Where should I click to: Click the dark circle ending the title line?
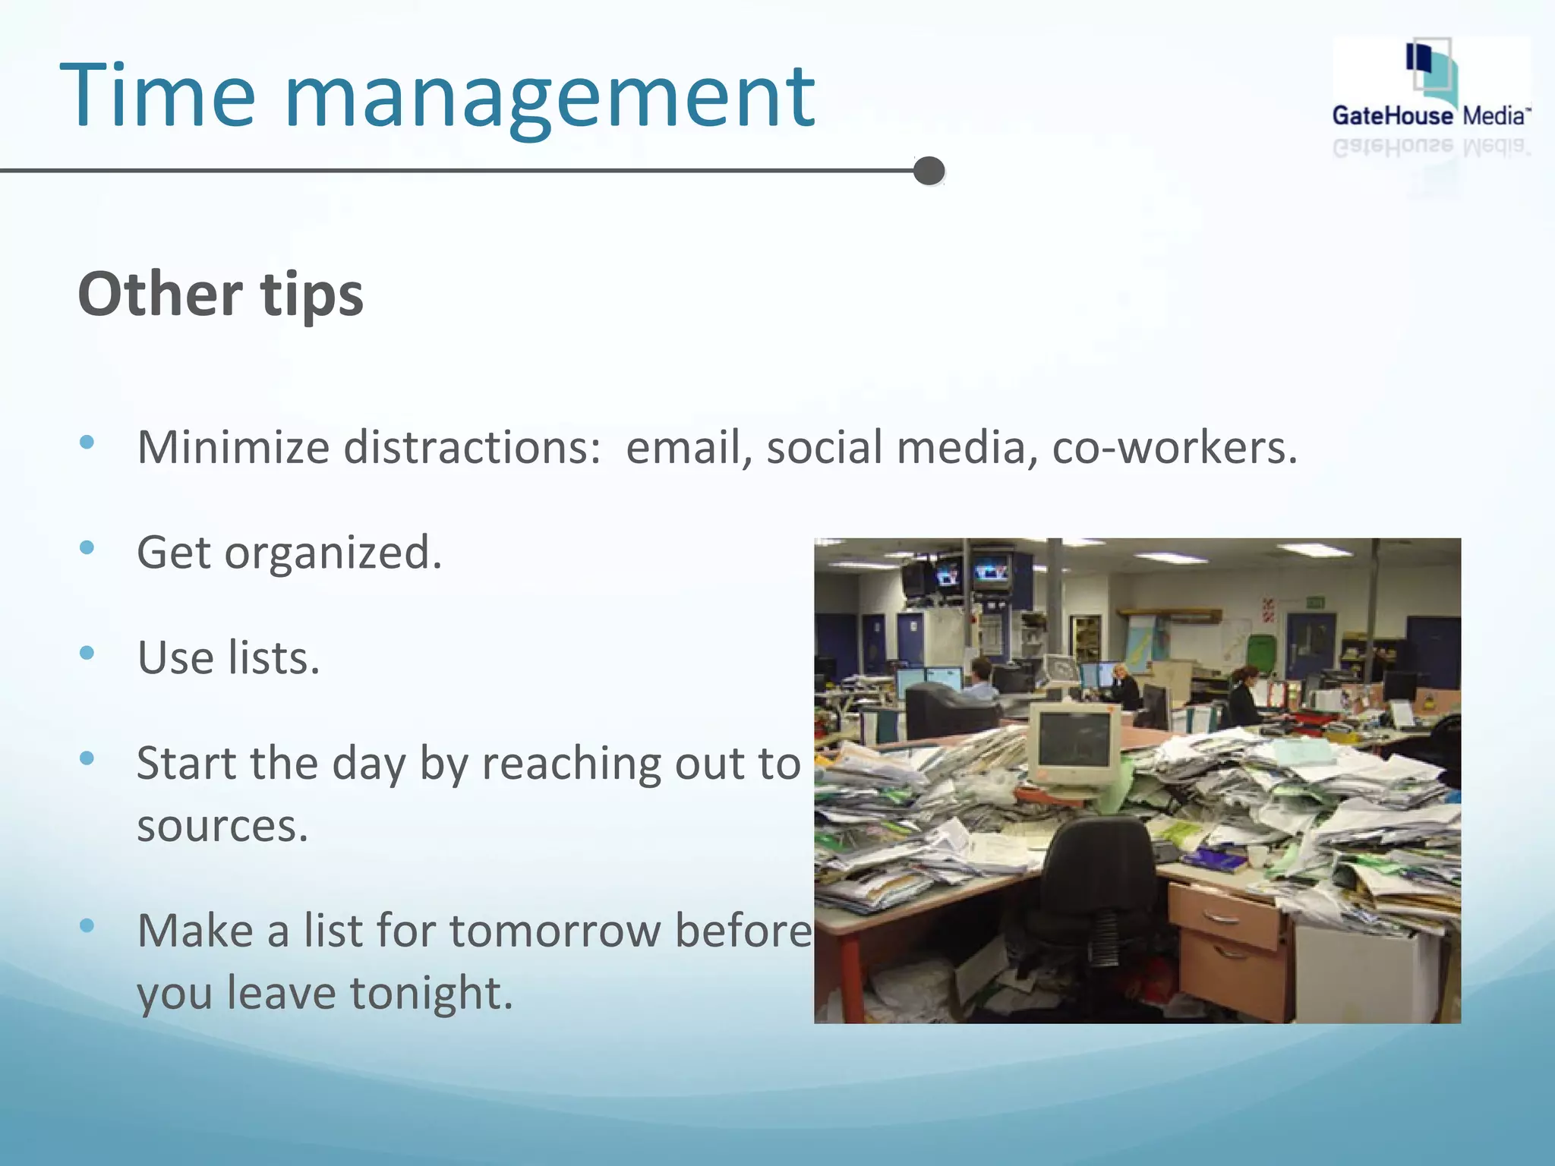pos(929,171)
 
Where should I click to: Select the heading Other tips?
pos(220,295)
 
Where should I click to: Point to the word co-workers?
pos(1174,447)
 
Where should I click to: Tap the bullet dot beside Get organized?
pos(87,547)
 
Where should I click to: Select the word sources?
pos(222,825)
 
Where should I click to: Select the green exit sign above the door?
pos(1316,603)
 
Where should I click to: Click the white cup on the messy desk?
pos(1257,856)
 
